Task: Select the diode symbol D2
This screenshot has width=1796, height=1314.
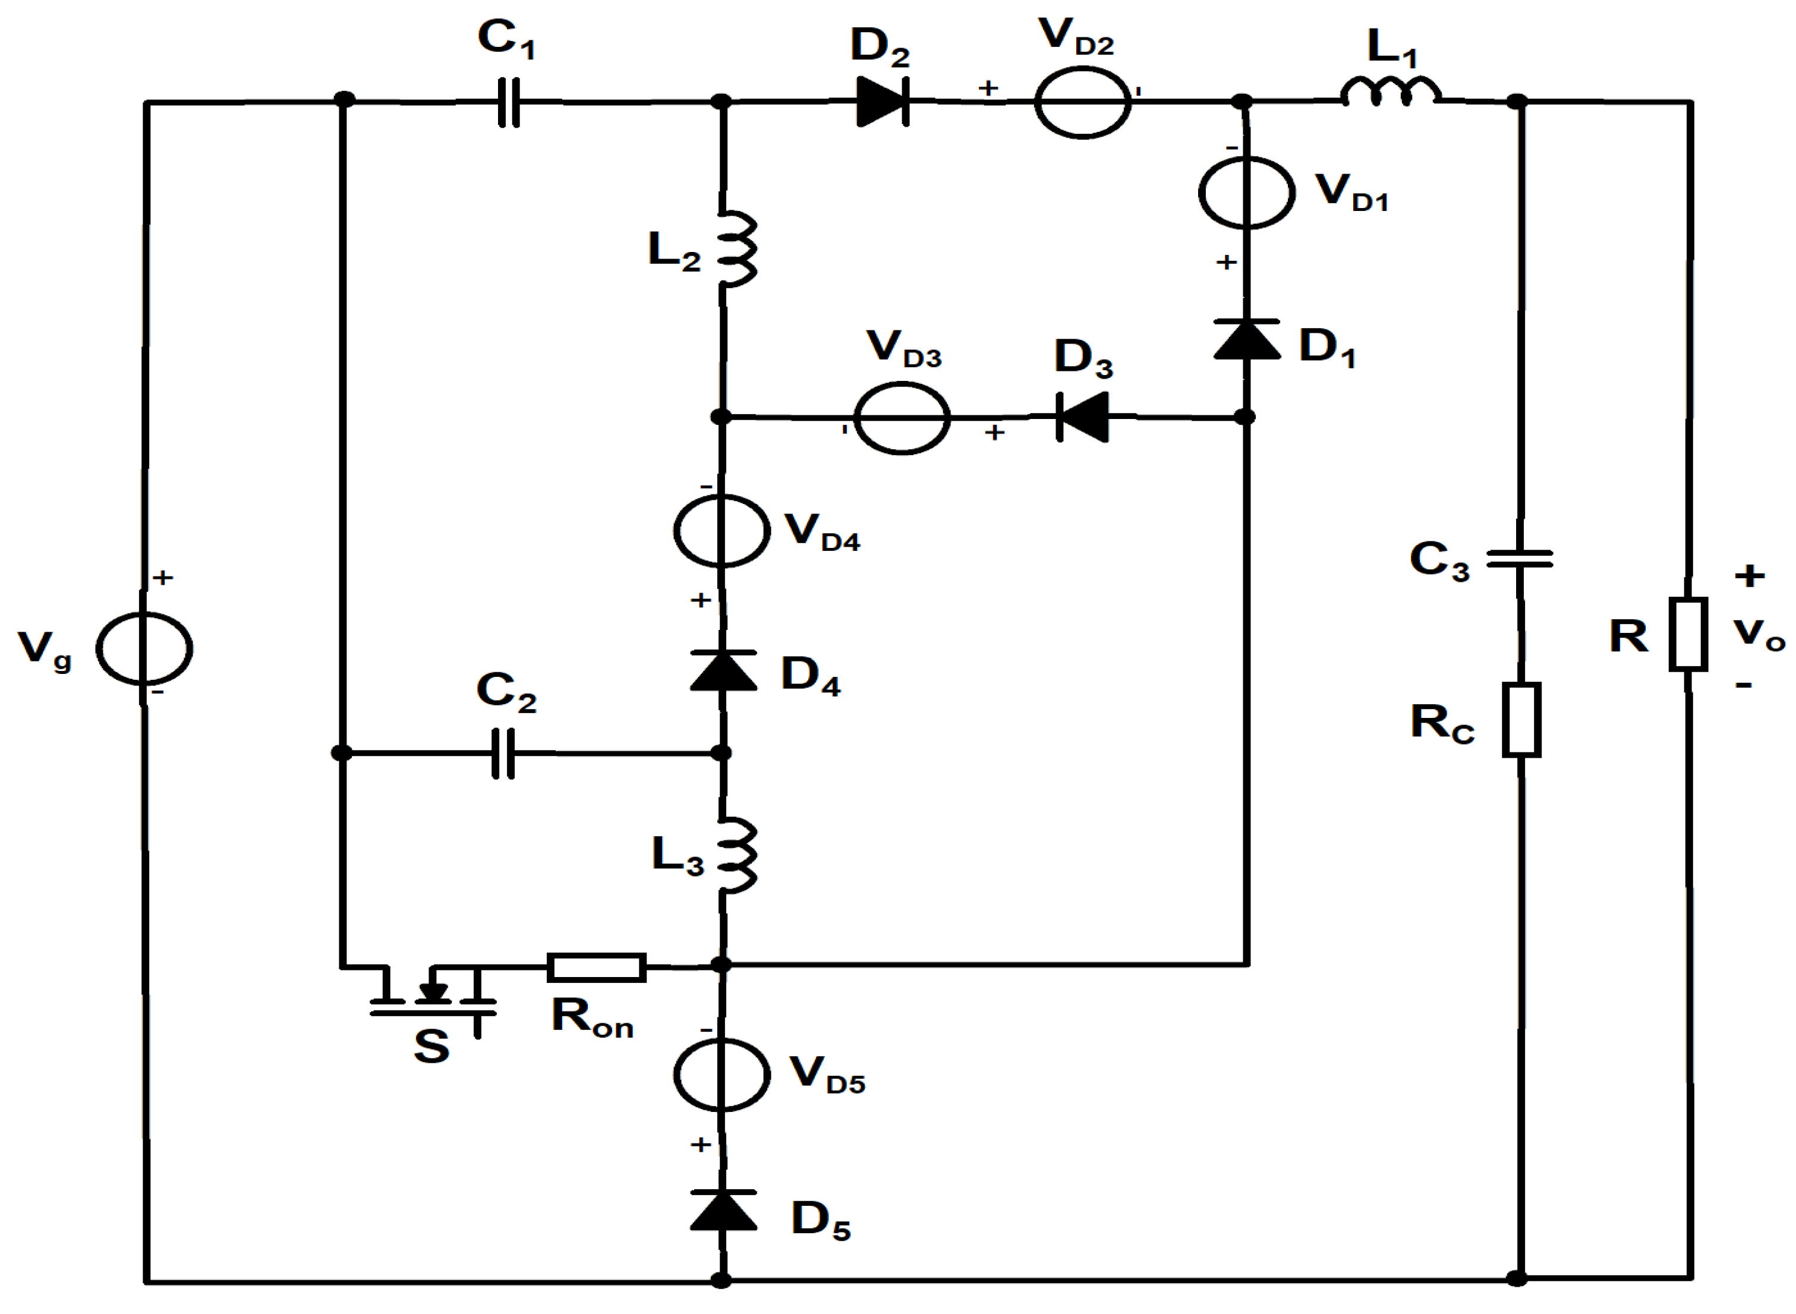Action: click(x=883, y=101)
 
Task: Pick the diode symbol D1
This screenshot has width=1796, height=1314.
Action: click(x=1246, y=339)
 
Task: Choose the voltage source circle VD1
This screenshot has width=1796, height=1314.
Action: click(x=1246, y=193)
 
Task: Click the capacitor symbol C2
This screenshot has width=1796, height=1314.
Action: click(x=503, y=752)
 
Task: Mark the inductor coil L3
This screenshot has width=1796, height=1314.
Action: click(x=736, y=855)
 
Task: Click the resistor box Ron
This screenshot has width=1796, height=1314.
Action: click(x=597, y=967)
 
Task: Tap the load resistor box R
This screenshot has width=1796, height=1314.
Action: click(x=1688, y=634)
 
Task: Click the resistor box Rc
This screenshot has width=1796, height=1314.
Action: click(x=1521, y=719)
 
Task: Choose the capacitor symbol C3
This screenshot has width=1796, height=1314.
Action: click(x=1519, y=559)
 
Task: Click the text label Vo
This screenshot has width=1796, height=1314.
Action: click(x=1759, y=634)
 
